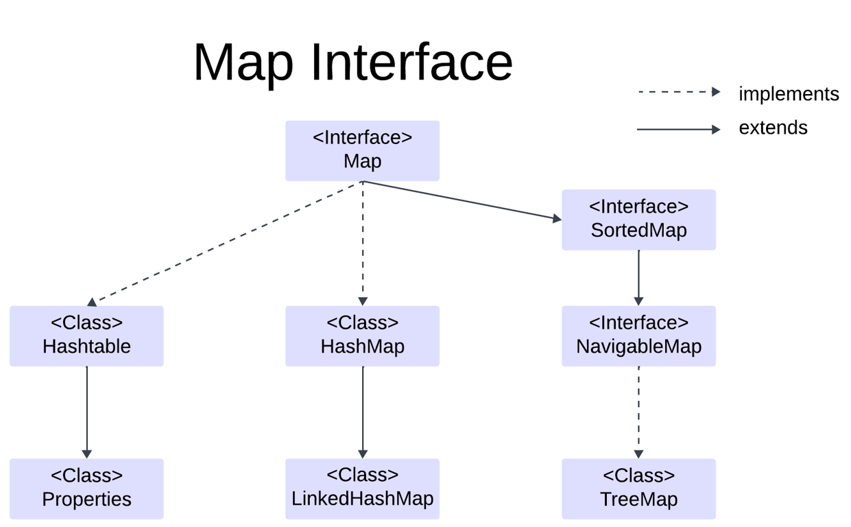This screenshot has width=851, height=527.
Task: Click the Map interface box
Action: tap(362, 151)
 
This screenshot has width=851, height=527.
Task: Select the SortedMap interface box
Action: tap(638, 220)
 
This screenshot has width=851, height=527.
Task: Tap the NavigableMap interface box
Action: tap(638, 336)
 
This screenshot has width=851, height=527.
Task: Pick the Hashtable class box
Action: tap(86, 336)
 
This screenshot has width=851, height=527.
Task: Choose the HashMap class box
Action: tap(362, 336)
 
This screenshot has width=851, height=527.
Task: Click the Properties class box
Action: tap(86, 489)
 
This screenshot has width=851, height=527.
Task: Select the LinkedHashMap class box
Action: tap(362, 489)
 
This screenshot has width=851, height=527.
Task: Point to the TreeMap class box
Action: tap(638, 489)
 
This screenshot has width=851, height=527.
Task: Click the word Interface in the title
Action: tap(411, 62)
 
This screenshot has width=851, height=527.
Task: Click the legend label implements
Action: tap(788, 94)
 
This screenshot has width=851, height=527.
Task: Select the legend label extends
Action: tap(773, 128)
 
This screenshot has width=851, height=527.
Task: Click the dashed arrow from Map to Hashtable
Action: tap(226, 242)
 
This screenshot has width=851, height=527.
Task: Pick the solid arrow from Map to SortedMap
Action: tap(463, 200)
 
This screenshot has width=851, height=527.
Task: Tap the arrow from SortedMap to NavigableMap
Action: tap(638, 277)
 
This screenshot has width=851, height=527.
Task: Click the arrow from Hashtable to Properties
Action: tap(86, 412)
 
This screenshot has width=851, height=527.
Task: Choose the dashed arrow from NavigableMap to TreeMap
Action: tap(638, 412)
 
